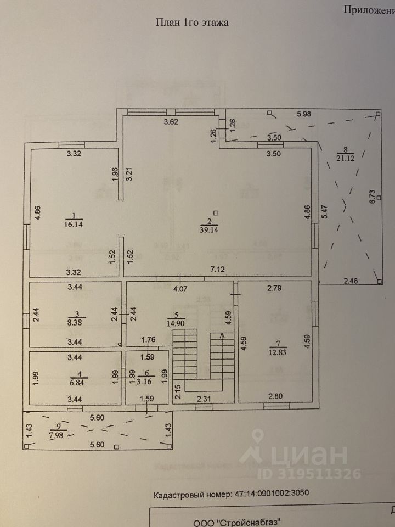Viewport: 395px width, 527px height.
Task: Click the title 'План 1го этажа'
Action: click(193, 23)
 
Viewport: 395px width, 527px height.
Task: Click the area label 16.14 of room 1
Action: click(74, 224)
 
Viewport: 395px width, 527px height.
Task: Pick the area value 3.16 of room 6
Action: click(146, 380)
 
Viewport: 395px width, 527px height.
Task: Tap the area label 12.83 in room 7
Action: click(276, 352)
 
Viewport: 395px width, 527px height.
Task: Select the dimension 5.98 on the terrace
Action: click(306, 114)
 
